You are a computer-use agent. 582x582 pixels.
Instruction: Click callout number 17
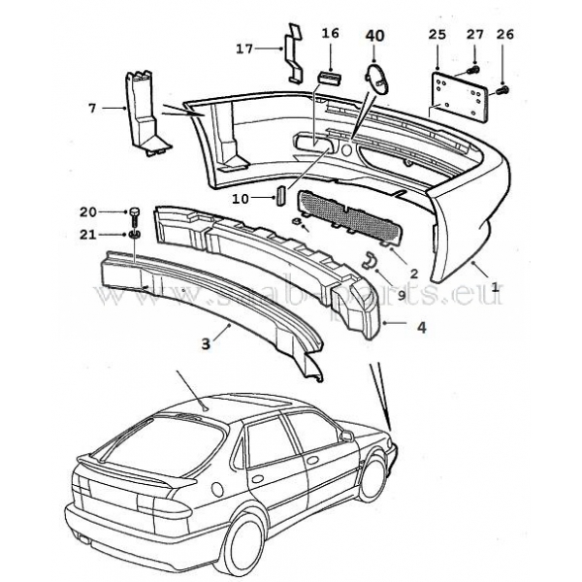[x=244, y=46]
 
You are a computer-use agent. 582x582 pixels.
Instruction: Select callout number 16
[x=331, y=33]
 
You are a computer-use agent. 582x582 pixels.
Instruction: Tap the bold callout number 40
[x=374, y=36]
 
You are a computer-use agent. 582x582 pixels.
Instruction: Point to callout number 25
[x=437, y=35]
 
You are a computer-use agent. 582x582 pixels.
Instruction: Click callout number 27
[x=474, y=35]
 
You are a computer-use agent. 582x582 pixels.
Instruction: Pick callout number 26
[x=504, y=35]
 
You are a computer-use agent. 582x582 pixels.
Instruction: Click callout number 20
[x=87, y=211]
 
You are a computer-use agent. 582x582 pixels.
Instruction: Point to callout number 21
[x=87, y=234]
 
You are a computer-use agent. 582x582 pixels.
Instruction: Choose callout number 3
[x=205, y=342]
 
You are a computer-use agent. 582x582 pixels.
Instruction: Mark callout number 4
[x=420, y=326]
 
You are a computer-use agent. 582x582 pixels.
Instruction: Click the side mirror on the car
[x=346, y=436]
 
